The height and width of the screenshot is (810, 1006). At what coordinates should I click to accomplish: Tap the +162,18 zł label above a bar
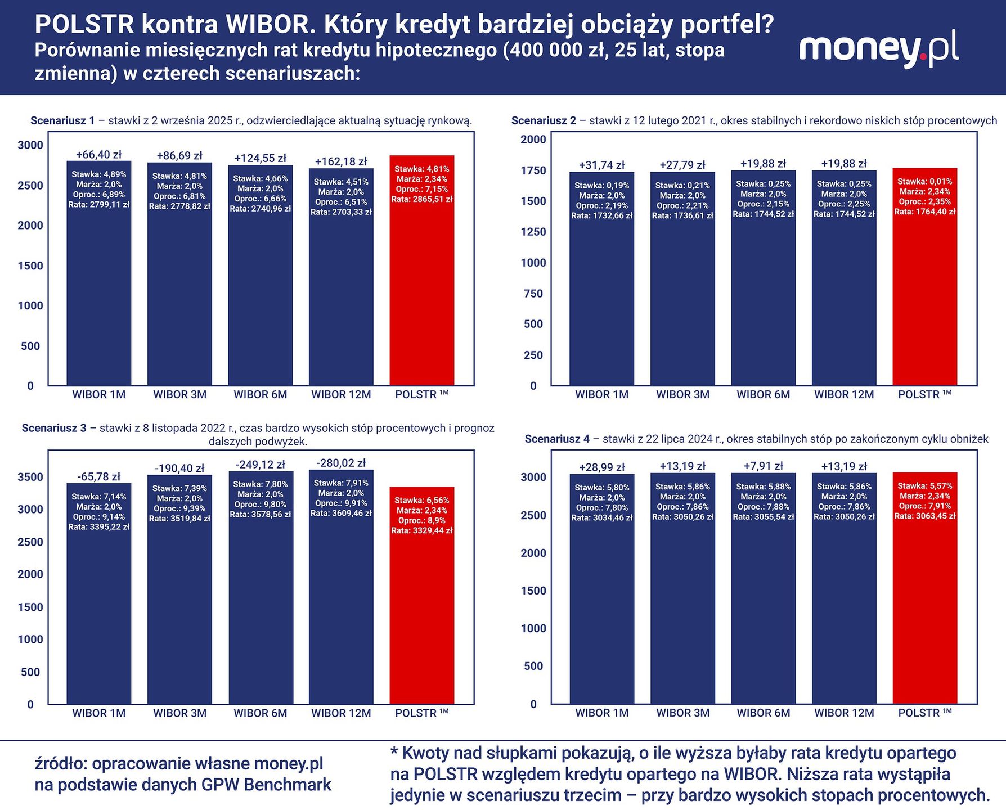click(x=341, y=161)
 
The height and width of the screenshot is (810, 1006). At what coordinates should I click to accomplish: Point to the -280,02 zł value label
click(x=341, y=463)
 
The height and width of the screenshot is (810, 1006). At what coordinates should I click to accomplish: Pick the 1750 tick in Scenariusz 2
click(x=533, y=170)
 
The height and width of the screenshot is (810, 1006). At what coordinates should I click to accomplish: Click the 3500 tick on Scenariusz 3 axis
click(x=30, y=477)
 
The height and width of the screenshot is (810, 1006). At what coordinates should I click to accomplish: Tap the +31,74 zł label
click(x=601, y=165)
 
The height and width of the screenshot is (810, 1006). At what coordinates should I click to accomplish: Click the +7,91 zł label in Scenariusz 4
click(x=763, y=466)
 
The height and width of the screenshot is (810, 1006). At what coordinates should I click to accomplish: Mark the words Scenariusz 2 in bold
click(x=544, y=120)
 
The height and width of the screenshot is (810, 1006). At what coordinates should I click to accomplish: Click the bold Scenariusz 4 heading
click(x=557, y=439)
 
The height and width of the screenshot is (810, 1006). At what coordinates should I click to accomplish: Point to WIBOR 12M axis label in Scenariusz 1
click(x=341, y=394)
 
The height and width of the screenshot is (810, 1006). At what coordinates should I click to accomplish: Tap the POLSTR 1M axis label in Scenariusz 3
click(x=421, y=713)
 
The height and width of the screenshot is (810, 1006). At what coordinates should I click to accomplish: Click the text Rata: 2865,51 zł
click(x=422, y=199)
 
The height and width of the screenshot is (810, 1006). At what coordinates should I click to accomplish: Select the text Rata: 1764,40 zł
click(x=925, y=211)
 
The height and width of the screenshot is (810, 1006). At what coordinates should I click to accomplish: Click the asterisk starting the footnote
click(x=394, y=751)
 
